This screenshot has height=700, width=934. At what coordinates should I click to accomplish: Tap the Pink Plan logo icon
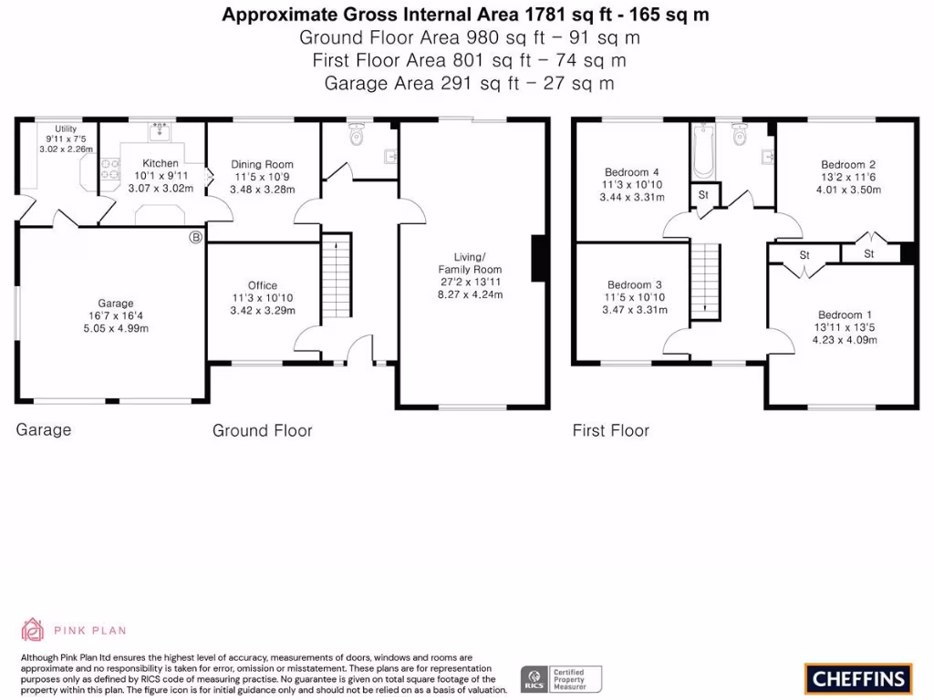[x=33, y=630]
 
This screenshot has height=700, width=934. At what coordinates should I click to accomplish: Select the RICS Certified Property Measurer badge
[x=562, y=678]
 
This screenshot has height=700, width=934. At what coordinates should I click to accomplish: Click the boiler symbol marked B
[x=194, y=238]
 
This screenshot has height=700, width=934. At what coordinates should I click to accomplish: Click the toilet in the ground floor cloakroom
[x=357, y=135]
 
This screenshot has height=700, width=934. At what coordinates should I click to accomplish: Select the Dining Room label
[x=262, y=165]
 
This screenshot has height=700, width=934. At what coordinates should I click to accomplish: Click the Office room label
[x=263, y=285]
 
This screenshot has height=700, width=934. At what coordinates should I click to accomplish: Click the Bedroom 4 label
[x=632, y=172]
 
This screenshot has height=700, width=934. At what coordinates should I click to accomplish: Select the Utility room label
[x=66, y=129]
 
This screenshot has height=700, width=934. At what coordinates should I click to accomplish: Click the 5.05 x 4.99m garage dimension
[x=116, y=328]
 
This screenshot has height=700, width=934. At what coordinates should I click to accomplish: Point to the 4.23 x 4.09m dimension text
[x=846, y=340]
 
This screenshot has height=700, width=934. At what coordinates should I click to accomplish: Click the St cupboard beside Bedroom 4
[x=703, y=195]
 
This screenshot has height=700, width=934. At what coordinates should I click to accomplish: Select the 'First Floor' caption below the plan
[x=610, y=430]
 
